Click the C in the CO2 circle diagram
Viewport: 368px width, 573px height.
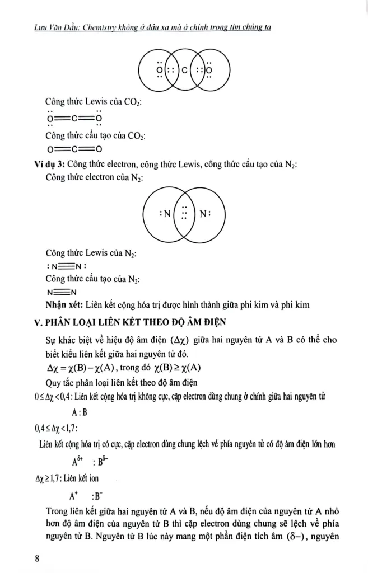[x=184, y=70]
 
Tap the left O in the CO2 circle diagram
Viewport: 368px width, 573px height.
[x=160, y=71]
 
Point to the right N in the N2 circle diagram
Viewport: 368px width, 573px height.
[x=204, y=213]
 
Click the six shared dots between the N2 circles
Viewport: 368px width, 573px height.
[x=184, y=213]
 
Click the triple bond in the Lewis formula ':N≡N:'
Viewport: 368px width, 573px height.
[x=65, y=266]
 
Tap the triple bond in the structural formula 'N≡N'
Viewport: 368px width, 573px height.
[x=62, y=292]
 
